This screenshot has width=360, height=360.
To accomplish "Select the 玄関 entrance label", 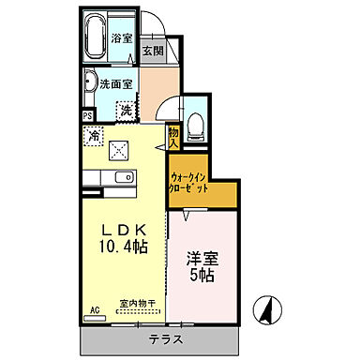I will pyautogui.click(x=152, y=52).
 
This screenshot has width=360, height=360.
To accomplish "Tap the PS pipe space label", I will pyautogui.click(x=88, y=115).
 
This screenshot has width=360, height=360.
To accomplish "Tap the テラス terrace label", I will pyautogui.click(x=165, y=338).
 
